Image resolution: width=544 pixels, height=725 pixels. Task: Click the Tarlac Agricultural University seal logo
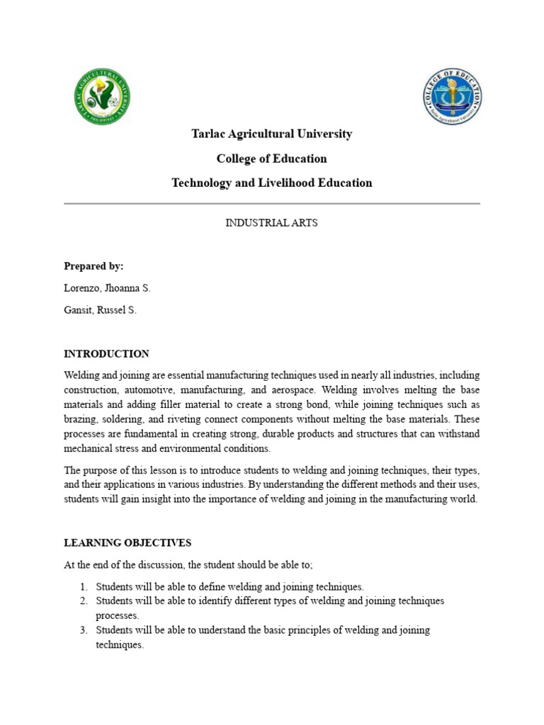point(102,98)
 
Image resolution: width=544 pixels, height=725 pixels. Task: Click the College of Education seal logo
point(453,98)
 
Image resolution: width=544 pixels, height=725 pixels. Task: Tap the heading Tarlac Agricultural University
point(272,134)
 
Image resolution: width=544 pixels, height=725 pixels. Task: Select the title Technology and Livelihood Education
point(272,183)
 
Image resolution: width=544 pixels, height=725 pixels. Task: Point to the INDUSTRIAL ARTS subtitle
point(272,223)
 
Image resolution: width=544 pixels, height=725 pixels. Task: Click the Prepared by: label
point(93,266)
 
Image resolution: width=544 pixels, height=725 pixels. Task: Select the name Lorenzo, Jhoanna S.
point(107,289)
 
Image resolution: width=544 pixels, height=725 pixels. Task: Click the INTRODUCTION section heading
point(106,354)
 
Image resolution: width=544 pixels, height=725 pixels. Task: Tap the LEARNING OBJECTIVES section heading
point(127,543)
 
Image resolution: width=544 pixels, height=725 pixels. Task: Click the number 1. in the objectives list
point(83,587)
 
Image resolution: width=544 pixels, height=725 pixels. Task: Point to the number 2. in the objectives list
point(83,601)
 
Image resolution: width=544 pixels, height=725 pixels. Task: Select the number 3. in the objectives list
point(83,630)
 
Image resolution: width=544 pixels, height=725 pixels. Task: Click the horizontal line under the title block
point(272,203)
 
